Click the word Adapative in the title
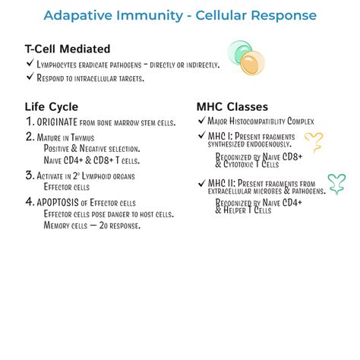pos(77,15)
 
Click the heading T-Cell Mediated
pos(68,49)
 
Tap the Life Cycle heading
pos(52,107)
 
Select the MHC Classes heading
pos(232,107)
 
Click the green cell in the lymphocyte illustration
pos(240,52)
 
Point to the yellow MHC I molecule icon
pos(313,141)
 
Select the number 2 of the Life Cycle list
pos(30,137)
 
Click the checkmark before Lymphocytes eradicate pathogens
pos(29,65)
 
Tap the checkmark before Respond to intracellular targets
pos(29,77)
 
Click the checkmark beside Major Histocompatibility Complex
pos(201,122)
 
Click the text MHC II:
pos(221,183)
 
